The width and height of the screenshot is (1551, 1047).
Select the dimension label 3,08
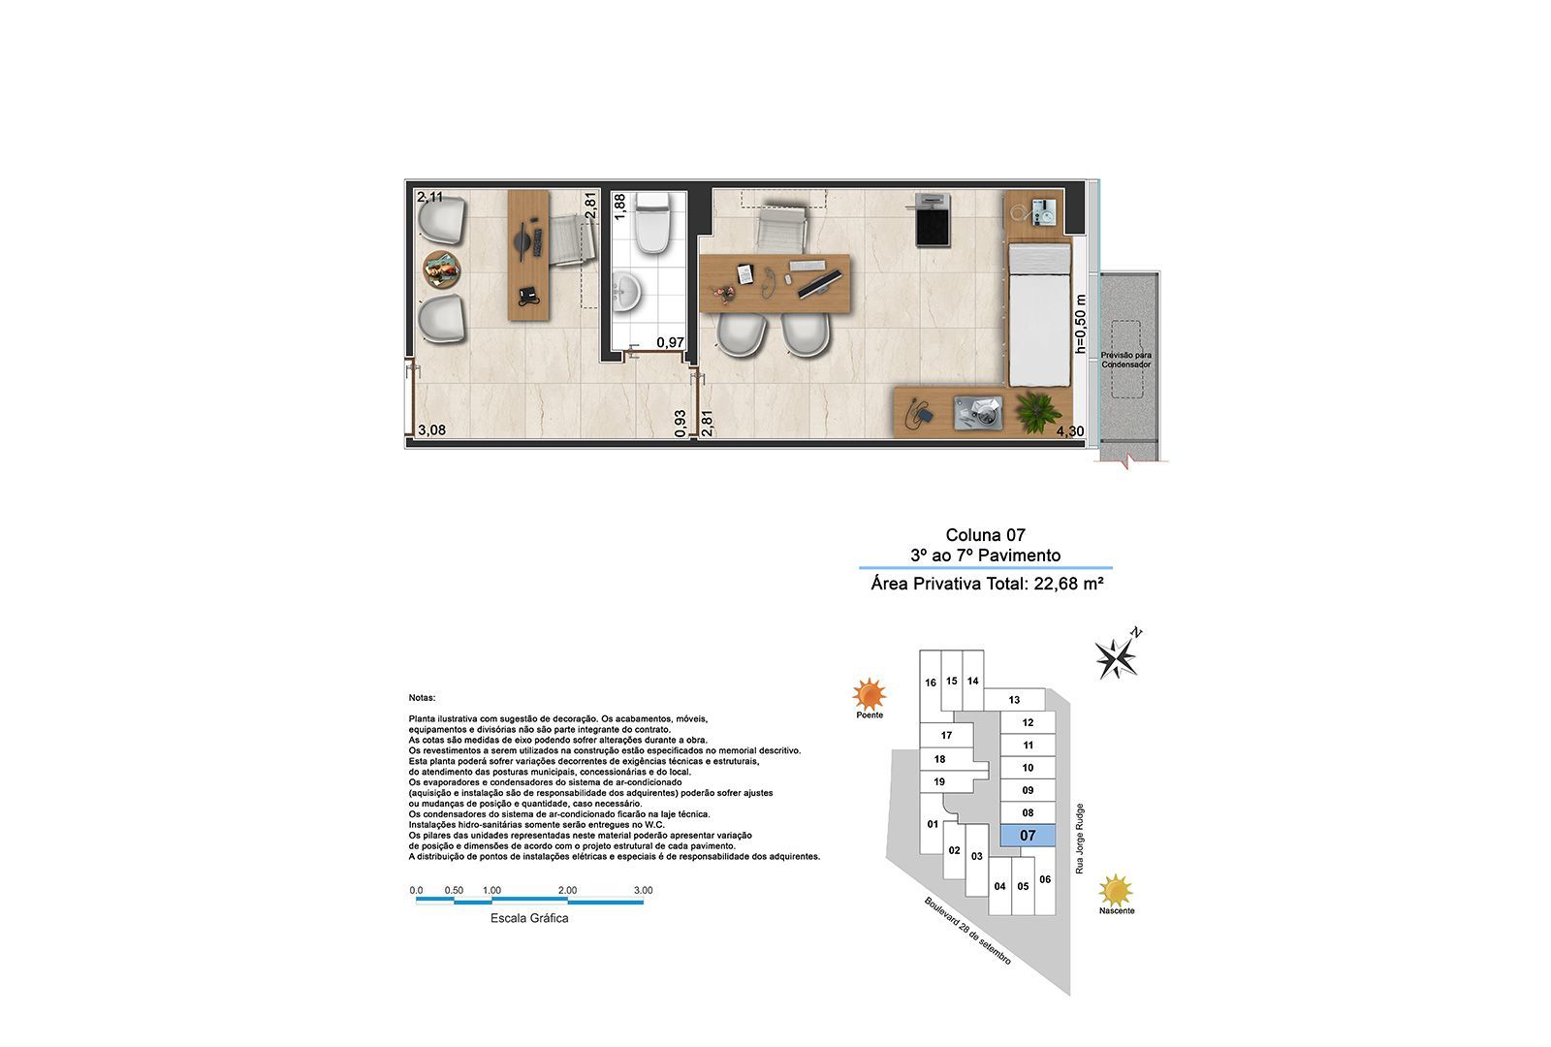coord(431,430)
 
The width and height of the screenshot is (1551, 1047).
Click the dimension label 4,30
coord(1070,431)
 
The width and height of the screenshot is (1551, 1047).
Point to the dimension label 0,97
coord(670,342)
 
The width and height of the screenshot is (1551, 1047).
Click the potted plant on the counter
coord(1037,410)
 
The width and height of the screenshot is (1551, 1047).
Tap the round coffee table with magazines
coord(442,269)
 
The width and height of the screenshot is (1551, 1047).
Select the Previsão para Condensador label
coord(1125,361)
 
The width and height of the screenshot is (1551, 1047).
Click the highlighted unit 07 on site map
coord(1028,835)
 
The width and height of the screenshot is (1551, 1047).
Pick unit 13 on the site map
coord(1014,700)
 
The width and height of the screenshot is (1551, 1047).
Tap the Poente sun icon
coord(870,694)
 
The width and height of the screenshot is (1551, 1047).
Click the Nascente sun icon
coord(1117,890)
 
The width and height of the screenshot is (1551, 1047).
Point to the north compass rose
coord(1118,657)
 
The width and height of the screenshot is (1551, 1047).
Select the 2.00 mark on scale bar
coord(567,890)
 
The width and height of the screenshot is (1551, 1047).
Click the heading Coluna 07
coord(985,535)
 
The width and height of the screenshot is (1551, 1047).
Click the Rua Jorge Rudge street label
coord(1079,840)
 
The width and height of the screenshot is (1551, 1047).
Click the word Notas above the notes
coord(422,697)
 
